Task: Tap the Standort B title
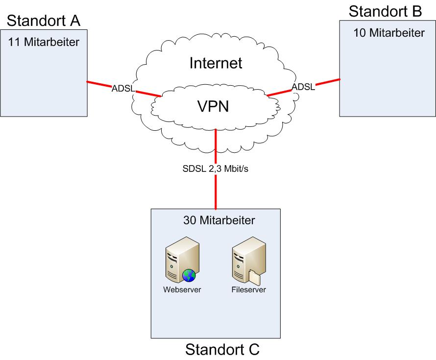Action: point(385,11)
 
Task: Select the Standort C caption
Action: point(222,350)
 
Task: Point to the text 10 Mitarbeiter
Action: point(389,33)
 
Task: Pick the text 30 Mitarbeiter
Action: point(219,220)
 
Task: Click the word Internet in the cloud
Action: point(216,63)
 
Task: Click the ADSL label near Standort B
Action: point(303,87)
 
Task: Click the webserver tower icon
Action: point(177,257)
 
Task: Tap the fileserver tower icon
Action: point(243,257)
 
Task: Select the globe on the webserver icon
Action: point(189,276)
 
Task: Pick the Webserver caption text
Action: point(182,289)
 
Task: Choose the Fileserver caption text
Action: point(248,289)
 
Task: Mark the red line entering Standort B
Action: point(328,81)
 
